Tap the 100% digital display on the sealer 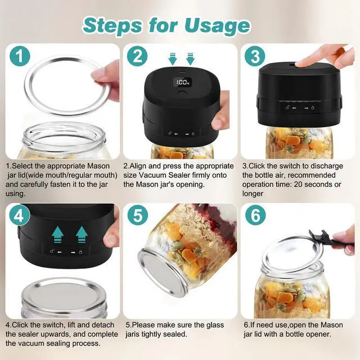point(183,82)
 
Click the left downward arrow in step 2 point(173,58)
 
